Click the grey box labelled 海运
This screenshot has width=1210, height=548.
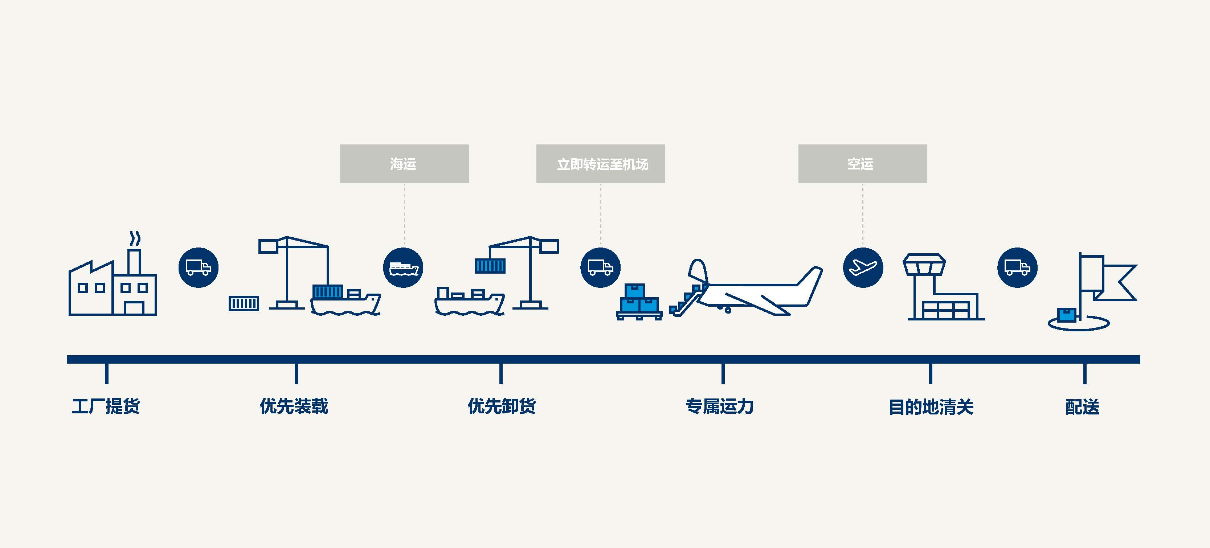tap(404, 163)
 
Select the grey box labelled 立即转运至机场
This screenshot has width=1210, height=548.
tap(600, 163)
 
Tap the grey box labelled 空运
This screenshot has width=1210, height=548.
tap(862, 163)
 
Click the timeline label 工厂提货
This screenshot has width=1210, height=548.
tap(106, 406)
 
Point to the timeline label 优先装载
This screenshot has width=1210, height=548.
tap(294, 406)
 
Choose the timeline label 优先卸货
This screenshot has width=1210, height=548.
tap(502, 406)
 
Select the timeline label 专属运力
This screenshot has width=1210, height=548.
tap(719, 406)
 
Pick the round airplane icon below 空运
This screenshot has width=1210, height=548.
tap(863, 268)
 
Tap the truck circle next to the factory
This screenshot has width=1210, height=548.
tap(198, 268)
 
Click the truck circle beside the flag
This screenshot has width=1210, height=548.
tap(1017, 268)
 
